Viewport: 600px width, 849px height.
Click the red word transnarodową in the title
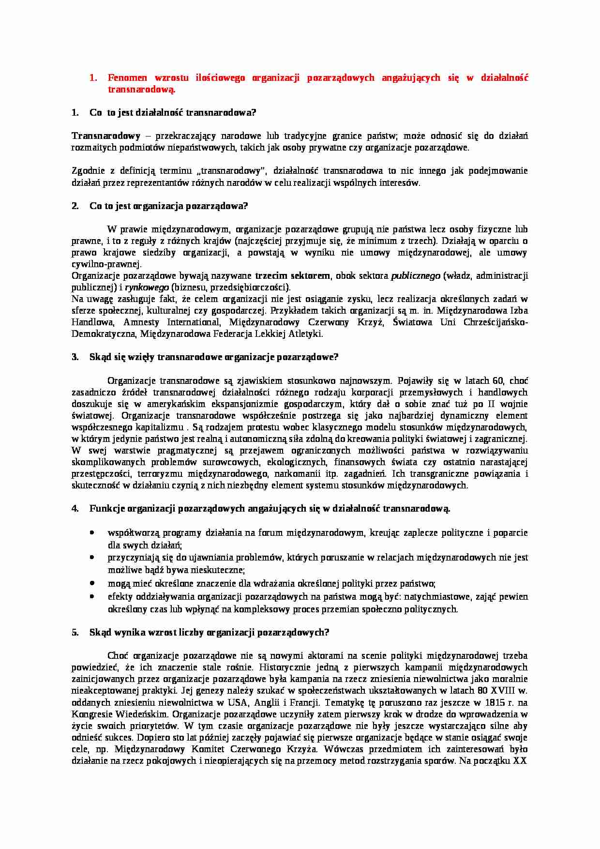click(140, 90)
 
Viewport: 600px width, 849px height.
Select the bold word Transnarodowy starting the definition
click(106, 136)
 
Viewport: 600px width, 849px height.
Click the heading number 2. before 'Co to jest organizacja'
click(75, 206)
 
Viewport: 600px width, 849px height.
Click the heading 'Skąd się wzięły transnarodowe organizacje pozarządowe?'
click(214, 358)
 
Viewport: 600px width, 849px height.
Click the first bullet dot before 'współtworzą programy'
click(92, 532)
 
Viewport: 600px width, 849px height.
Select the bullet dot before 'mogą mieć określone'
click(92, 583)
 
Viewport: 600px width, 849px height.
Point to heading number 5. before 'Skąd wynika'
click(75, 633)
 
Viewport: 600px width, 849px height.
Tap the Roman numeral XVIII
click(504, 691)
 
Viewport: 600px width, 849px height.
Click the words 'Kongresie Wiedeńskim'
click(120, 714)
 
